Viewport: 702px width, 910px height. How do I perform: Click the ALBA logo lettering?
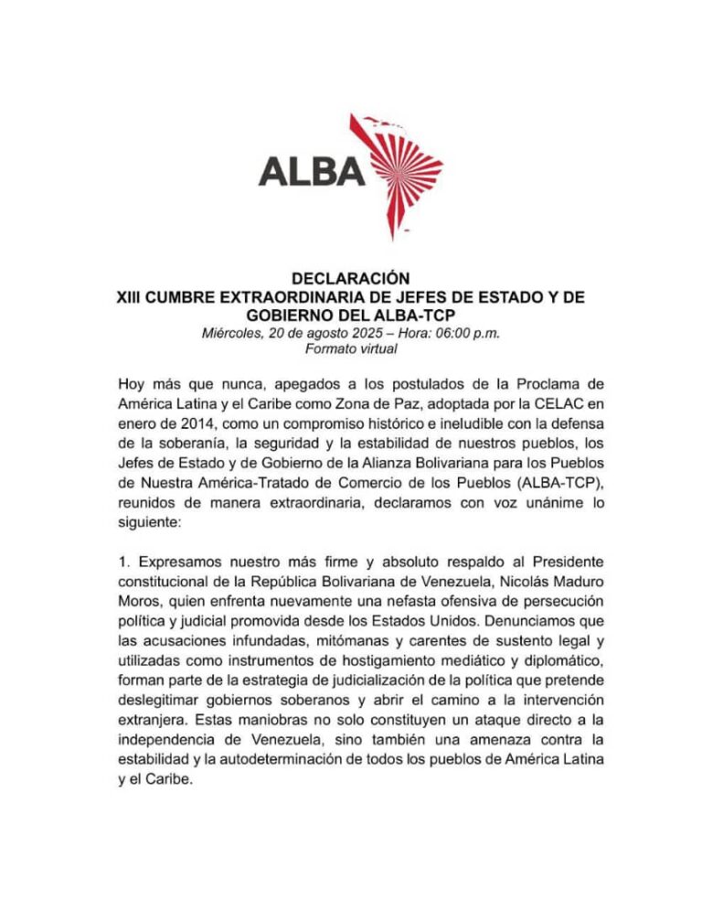click(x=312, y=171)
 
